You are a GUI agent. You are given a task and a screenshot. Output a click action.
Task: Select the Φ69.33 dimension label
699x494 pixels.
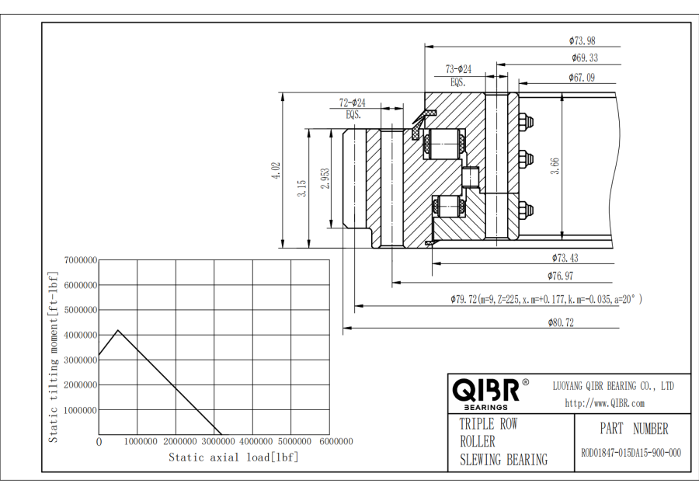pyautogui.click(x=584, y=58)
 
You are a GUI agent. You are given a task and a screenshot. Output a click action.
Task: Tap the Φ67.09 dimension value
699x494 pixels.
pyautogui.click(x=581, y=77)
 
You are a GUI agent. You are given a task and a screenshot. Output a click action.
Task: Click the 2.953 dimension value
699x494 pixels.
pyautogui.click(x=326, y=179)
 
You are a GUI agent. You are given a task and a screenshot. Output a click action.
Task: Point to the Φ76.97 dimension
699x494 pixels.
pyautogui.click(x=560, y=276)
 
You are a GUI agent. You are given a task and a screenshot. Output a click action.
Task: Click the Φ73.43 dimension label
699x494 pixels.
pyautogui.click(x=565, y=257)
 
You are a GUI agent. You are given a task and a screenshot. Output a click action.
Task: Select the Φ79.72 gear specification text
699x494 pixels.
pyautogui.click(x=546, y=299)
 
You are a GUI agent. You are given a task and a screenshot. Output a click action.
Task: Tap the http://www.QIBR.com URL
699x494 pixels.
pyautogui.click(x=604, y=402)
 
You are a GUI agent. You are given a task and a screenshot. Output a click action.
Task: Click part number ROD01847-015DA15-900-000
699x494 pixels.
pyautogui.click(x=631, y=454)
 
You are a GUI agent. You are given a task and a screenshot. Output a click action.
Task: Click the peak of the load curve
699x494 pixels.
pyautogui.click(x=117, y=330)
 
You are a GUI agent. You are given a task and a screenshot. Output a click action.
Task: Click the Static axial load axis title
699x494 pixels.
pyautogui.click(x=233, y=457)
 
